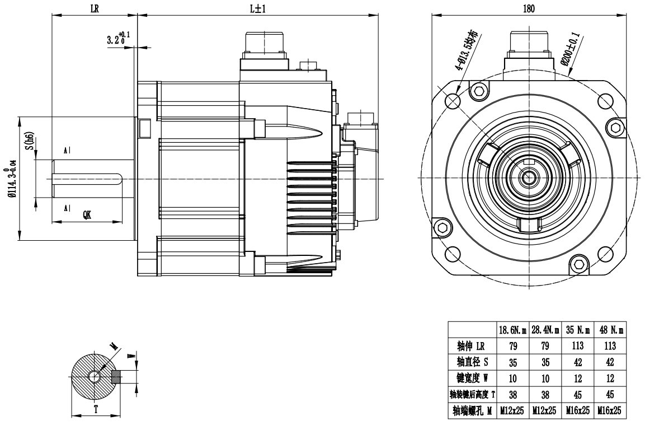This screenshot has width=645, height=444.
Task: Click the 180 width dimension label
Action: point(529,8)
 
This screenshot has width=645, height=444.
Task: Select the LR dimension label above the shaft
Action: point(94,8)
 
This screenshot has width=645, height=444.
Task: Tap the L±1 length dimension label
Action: point(257,8)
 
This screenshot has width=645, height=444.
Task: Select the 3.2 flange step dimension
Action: point(119,40)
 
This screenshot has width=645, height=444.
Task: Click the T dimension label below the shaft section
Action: point(96,409)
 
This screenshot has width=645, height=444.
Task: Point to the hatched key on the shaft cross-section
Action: point(116,377)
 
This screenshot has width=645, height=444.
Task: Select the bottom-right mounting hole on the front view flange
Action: point(605,254)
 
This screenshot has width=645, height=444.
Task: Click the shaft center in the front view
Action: point(528,177)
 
